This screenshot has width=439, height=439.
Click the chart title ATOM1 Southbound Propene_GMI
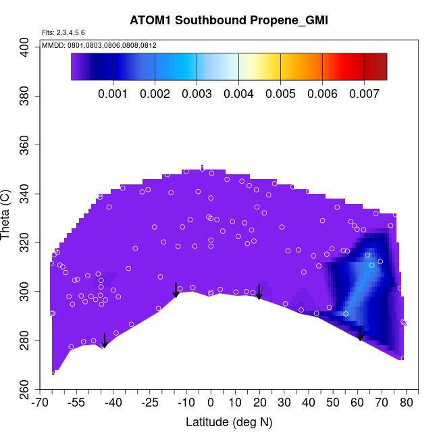pos(229,20)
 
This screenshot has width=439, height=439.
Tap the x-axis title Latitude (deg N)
pos(229,422)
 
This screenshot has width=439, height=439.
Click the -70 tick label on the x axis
pos(40,403)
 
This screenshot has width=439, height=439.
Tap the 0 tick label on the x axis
pos(211,403)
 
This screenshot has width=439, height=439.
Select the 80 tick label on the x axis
pos(407,403)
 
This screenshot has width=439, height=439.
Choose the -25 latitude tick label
pos(149,403)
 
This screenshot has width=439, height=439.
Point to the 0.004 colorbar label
pos(238,94)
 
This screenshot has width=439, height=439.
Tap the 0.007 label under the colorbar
pos(364,94)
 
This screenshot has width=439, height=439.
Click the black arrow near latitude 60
pos(361,334)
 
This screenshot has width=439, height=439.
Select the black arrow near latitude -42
pos(104,340)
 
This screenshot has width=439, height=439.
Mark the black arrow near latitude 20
pos(259,292)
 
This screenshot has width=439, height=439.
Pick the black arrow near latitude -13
pos(176,290)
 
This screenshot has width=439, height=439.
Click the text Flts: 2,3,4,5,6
pos(63,32)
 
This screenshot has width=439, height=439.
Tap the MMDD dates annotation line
pos(99,45)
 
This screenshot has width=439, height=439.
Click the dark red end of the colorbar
pos(380,66)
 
